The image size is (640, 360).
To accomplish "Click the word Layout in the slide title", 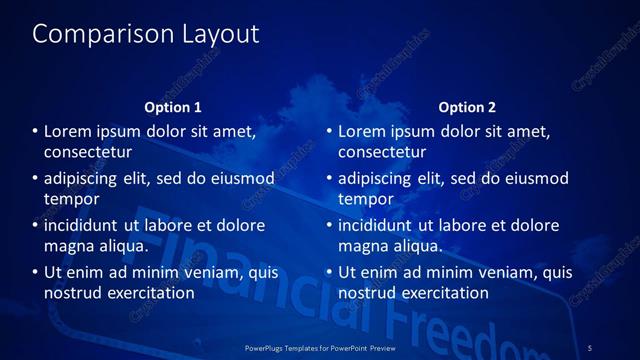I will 220,34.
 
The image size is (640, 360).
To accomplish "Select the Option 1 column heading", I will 173,107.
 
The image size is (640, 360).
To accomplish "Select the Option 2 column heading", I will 467,107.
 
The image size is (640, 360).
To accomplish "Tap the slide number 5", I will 590,347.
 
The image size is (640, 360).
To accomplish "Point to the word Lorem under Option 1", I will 70,132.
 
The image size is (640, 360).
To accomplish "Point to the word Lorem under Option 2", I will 364,132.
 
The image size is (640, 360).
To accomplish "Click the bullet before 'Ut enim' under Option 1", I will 35,272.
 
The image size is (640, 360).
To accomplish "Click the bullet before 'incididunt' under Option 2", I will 329,226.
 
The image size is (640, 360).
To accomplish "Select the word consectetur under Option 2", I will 382,152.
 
